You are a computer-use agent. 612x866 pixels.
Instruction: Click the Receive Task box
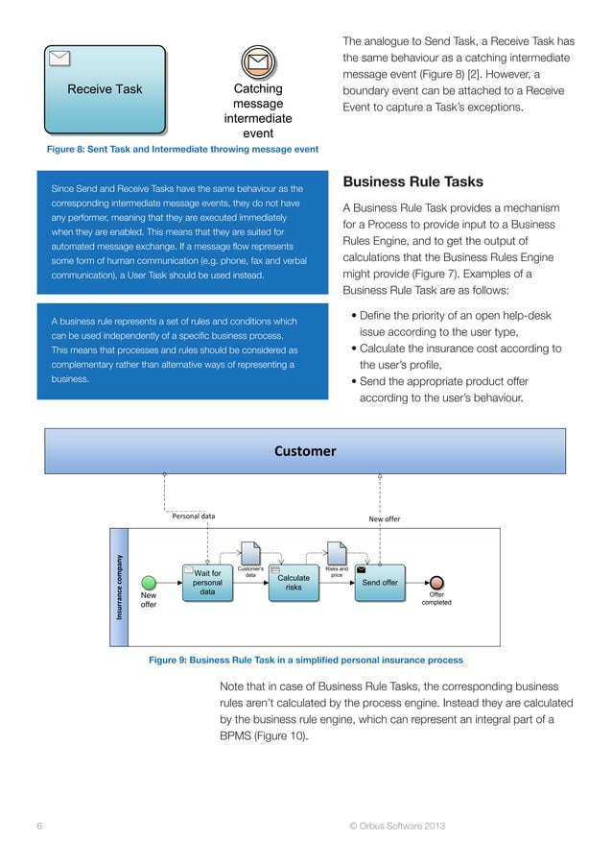[x=105, y=89]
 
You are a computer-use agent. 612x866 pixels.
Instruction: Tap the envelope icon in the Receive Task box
[x=59, y=57]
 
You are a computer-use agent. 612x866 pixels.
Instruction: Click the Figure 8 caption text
[x=182, y=150]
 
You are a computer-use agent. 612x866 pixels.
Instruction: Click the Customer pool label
[x=305, y=450]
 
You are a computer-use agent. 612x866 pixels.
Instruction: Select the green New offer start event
[x=149, y=582]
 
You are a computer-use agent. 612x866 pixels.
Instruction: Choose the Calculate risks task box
[x=293, y=582]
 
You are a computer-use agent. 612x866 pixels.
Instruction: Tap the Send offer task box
[x=379, y=582]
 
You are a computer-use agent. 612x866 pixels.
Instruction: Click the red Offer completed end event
[x=437, y=582]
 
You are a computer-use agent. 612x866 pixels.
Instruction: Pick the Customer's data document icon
[x=249, y=553]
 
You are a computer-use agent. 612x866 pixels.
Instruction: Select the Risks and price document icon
[x=337, y=553]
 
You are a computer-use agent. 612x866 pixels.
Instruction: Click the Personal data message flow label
[x=193, y=517]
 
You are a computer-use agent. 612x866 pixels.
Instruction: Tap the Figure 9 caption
[x=305, y=661]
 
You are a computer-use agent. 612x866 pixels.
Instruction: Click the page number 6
[x=39, y=827]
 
